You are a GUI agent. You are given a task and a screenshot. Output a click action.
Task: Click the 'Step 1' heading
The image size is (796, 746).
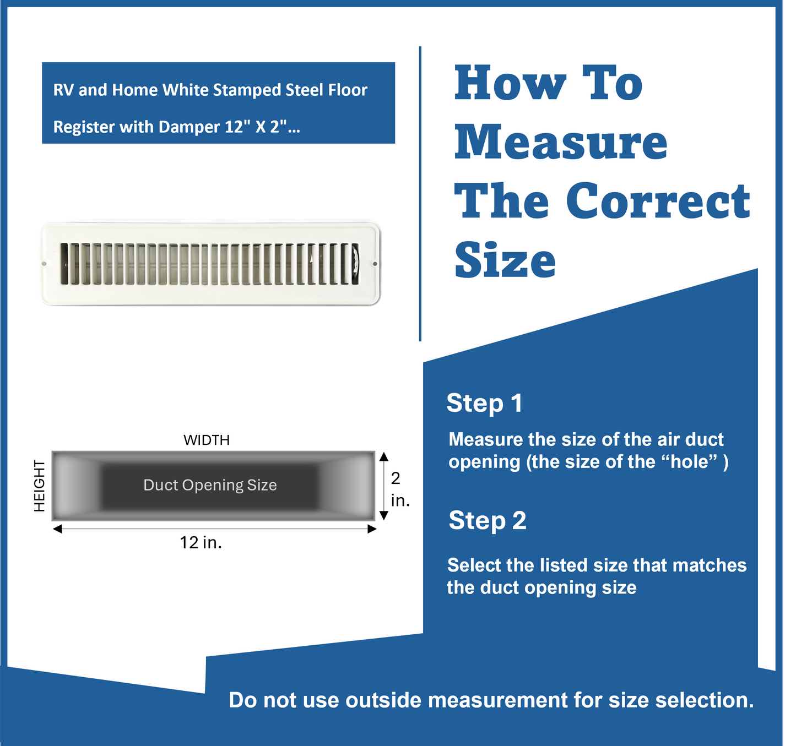coord(484,403)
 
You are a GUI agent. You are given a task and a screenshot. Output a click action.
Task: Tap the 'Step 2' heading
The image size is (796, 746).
coord(487,521)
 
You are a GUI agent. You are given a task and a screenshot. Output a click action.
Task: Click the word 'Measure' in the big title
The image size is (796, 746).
coord(561,143)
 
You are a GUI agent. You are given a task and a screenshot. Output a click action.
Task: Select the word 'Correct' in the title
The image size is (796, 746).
coord(658,201)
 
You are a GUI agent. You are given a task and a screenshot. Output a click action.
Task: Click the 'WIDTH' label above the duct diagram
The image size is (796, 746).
coord(207,440)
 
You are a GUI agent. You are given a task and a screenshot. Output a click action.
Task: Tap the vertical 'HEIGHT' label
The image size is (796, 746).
coord(40,486)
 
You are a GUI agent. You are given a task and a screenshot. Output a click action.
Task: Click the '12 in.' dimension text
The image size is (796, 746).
coord(201,543)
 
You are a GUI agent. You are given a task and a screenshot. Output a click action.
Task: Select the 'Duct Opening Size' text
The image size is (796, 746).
coord(210,485)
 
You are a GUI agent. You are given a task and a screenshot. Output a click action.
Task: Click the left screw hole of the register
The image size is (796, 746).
coord(45,264)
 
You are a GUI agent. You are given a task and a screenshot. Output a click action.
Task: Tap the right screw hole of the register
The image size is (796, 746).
coord(375,264)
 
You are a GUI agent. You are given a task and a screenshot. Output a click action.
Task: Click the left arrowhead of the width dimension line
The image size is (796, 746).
coord(57,529)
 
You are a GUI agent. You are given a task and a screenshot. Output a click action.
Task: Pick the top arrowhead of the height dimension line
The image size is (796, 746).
coord(384,456)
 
